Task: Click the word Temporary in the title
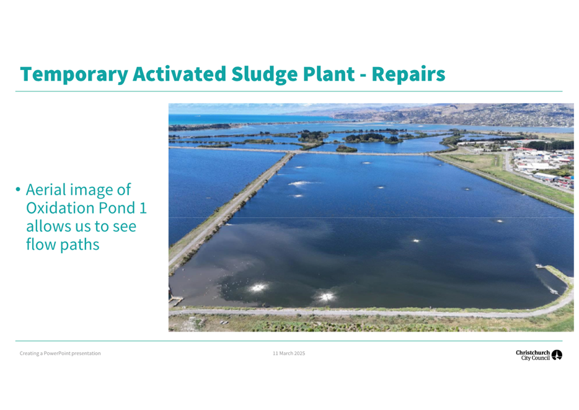click(x=74, y=74)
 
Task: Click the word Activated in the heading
click(x=179, y=74)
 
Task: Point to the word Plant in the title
click(x=329, y=74)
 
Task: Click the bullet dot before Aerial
click(x=18, y=190)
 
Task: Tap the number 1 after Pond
click(x=143, y=208)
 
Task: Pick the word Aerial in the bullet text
click(x=45, y=189)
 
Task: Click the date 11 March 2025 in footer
click(x=289, y=354)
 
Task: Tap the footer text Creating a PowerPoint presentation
click(x=60, y=354)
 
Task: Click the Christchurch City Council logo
click(x=539, y=355)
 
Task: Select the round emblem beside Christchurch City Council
click(x=557, y=355)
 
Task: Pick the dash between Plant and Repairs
click(x=363, y=76)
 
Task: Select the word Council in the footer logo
click(x=541, y=358)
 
